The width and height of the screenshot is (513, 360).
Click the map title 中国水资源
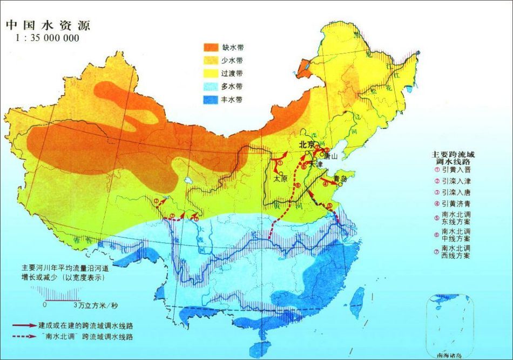click(48, 25)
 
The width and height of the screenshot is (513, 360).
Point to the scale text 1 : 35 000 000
click(48, 38)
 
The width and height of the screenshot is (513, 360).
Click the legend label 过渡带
click(240, 73)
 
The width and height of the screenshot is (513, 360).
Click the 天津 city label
click(316, 164)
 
